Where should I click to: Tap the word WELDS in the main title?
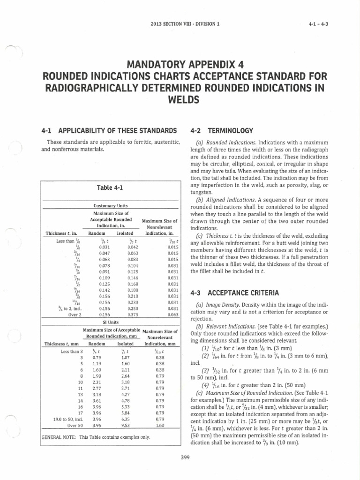click(x=180, y=100)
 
